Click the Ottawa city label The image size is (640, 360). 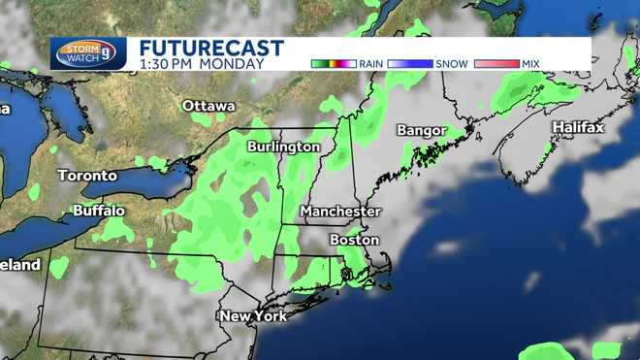(x=208, y=105)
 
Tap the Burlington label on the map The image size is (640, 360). (x=283, y=146)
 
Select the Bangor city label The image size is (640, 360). (x=421, y=130)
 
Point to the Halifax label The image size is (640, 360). (x=578, y=127)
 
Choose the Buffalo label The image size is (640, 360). (x=99, y=210)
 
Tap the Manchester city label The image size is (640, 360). (x=340, y=211)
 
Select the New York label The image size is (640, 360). (x=253, y=316)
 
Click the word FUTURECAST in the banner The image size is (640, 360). (x=211, y=48)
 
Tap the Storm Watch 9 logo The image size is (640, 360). (x=88, y=53)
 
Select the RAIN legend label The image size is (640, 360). (x=370, y=63)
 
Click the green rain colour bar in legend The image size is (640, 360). (x=334, y=63)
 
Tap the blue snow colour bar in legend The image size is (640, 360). (x=412, y=63)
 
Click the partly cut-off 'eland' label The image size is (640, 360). (x=19, y=264)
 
